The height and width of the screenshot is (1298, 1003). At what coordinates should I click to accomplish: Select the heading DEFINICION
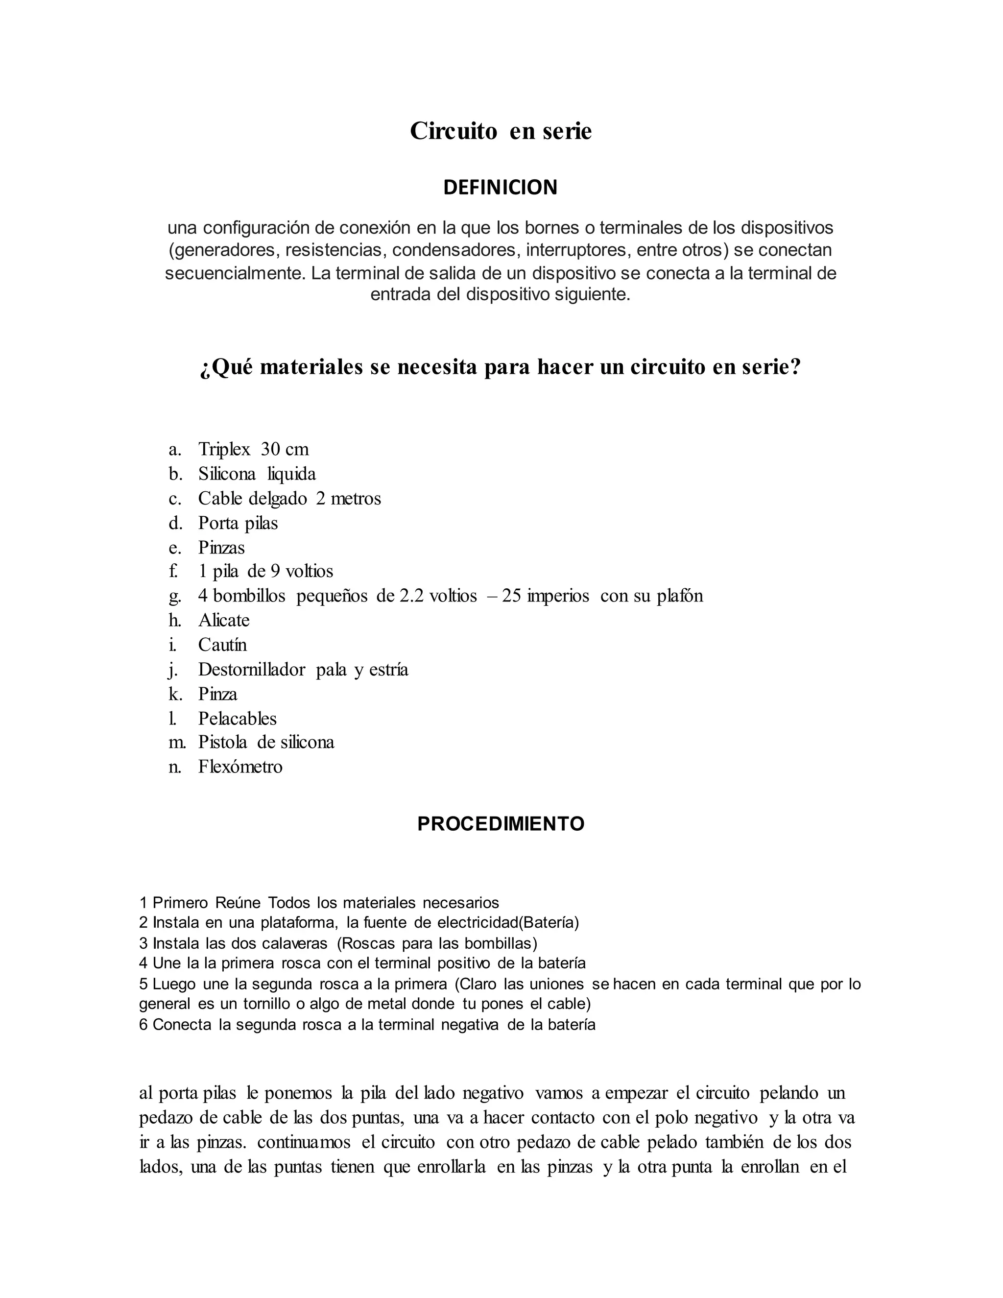501,187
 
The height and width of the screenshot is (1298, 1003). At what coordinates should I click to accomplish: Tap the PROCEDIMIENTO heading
501,824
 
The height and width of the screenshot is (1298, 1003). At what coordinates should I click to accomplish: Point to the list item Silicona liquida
257,474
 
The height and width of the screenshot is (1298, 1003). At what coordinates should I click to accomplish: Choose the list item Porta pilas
238,523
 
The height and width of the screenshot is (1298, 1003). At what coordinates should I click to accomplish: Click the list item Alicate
223,621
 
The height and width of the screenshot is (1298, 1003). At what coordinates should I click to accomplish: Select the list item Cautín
222,645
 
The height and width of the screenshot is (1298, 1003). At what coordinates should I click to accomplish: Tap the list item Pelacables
237,719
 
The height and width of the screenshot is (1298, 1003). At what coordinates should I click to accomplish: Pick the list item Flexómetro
240,767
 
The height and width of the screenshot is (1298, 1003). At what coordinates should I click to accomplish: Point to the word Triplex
224,449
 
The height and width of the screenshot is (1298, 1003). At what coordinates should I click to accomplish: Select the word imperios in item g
557,596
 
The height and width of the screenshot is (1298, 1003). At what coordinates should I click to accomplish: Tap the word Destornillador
251,670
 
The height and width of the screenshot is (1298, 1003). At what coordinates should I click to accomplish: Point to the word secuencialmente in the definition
235,273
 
